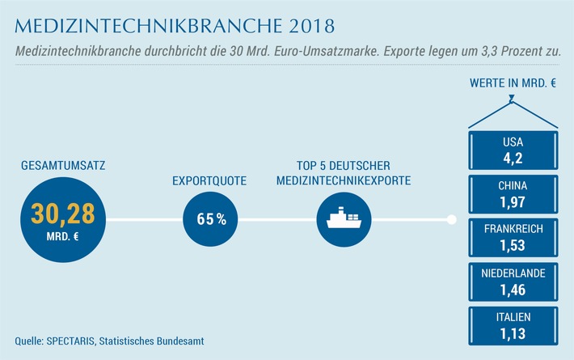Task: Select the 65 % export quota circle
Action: (210, 219)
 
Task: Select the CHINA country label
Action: (513, 185)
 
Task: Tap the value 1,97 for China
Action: (513, 201)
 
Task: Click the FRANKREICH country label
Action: (513, 229)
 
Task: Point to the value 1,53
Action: (513, 244)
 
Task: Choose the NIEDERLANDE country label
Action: (513, 273)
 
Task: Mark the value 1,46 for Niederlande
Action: (513, 288)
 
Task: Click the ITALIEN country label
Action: (513, 316)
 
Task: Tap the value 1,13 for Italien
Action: (513, 332)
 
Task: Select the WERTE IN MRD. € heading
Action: (513, 83)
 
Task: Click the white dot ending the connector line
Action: (451, 219)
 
